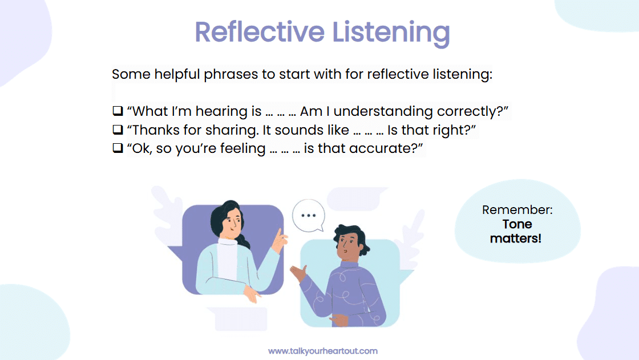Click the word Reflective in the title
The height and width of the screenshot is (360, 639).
click(x=252, y=32)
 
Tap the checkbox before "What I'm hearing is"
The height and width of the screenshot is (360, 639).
click(x=118, y=111)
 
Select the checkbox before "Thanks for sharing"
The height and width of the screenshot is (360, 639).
click(x=118, y=130)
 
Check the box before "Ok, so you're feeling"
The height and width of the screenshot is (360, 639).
click(x=118, y=149)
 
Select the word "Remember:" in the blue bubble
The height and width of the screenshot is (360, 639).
click(x=517, y=209)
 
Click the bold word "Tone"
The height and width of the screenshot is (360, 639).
click(x=517, y=224)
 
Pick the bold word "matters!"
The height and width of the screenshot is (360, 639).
click(x=516, y=238)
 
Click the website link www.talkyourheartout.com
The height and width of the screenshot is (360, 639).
click(x=322, y=351)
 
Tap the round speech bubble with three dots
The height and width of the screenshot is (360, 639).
click(x=308, y=216)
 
